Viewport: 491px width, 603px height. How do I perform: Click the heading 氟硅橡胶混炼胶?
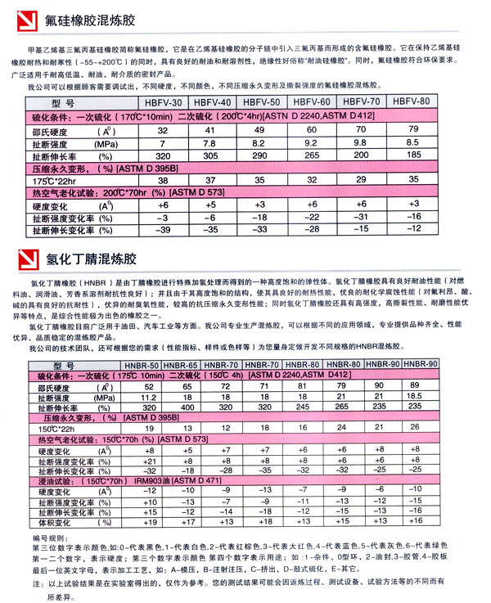86,17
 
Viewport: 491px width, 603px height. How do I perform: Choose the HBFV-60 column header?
312,102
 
